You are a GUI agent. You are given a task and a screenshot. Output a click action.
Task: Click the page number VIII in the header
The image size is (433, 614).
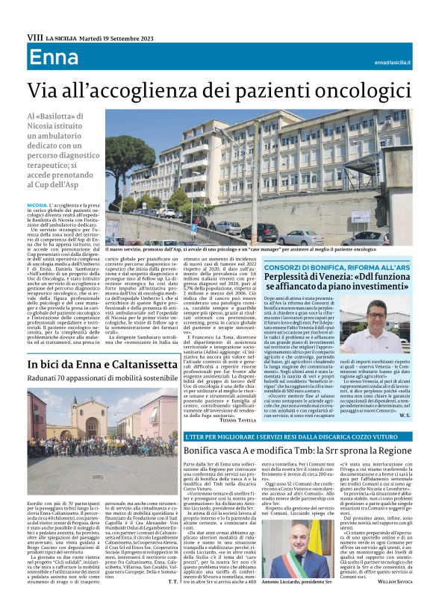click(x=34, y=36)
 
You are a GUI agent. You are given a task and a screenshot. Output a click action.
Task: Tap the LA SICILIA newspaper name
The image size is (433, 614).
click(x=61, y=36)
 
